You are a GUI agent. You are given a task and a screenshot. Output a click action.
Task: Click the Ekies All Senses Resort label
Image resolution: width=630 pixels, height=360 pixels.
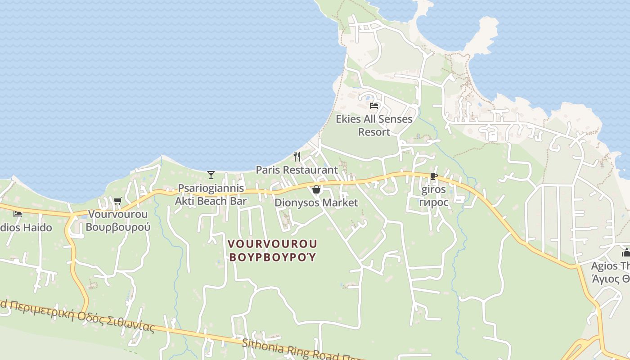[374, 126]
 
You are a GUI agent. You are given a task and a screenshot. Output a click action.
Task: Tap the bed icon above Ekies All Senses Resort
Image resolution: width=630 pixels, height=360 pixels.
[373, 106]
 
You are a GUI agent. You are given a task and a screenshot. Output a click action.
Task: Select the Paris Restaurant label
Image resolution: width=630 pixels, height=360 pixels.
[297, 170]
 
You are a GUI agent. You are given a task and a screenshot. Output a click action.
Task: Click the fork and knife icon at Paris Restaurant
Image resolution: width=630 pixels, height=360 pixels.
[297, 157]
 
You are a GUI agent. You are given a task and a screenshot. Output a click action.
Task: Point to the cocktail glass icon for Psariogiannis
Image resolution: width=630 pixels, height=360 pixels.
[211, 175]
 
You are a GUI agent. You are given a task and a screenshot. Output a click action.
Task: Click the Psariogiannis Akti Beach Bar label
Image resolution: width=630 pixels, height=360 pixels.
[211, 194]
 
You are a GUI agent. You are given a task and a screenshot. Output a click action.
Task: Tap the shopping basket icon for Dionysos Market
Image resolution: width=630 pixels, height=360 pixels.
[316, 189]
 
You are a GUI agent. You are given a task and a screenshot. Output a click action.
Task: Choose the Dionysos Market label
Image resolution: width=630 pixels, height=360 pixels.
[316, 202]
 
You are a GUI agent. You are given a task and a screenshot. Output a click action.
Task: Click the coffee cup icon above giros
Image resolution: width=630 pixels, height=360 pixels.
[433, 176]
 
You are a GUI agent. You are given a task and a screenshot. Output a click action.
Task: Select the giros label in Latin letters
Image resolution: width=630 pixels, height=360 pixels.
[434, 189]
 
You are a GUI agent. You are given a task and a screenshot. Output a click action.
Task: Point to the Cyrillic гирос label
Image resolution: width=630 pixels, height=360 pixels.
[434, 202]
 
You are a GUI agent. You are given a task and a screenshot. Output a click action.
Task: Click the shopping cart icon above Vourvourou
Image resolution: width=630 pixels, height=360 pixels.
[117, 201]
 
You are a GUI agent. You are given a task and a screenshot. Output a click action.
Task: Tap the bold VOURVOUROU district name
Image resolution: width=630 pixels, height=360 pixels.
[272, 244]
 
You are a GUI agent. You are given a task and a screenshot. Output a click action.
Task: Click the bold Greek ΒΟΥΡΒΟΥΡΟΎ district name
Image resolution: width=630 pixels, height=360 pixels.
[272, 257]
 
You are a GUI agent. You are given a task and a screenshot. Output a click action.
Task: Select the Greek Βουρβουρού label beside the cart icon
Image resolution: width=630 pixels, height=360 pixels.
[118, 227]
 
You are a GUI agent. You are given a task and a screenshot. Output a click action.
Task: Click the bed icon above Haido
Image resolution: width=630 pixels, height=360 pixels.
[18, 214]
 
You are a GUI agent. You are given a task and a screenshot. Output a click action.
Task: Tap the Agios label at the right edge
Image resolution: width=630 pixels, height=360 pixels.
[610, 266]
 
